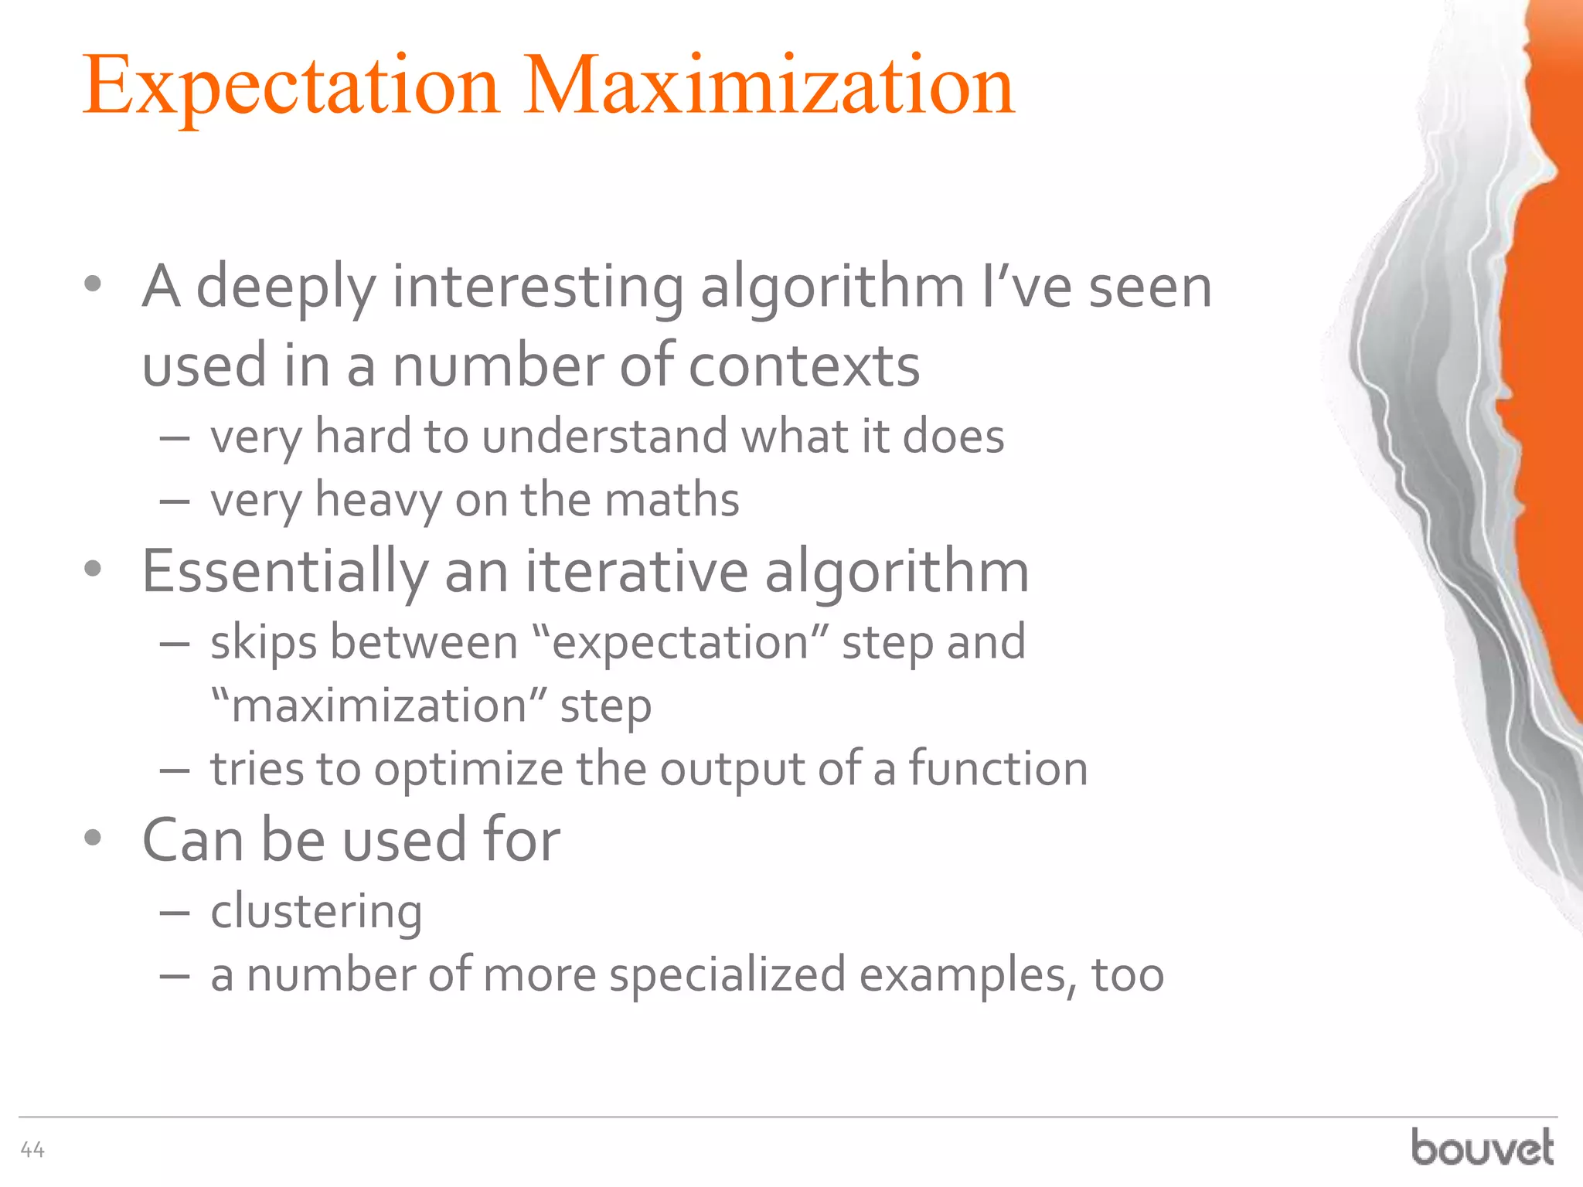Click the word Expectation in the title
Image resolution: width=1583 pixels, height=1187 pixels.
(291, 87)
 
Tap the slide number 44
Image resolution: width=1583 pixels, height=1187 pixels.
(32, 1150)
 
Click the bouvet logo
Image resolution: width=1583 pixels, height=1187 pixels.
(1482, 1147)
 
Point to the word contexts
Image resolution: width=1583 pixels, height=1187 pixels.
(804, 366)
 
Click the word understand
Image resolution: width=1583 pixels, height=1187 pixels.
(604, 437)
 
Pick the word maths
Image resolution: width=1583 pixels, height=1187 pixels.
(672, 500)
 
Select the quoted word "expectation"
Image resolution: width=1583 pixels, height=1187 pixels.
(680, 643)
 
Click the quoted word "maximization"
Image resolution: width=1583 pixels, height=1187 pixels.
(380, 706)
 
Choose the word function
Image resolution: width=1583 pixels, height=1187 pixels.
(998, 769)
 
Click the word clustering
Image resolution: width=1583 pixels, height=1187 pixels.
(316, 912)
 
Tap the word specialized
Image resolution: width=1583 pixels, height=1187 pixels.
(727, 975)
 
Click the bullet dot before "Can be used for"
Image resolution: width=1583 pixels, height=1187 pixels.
(93, 838)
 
